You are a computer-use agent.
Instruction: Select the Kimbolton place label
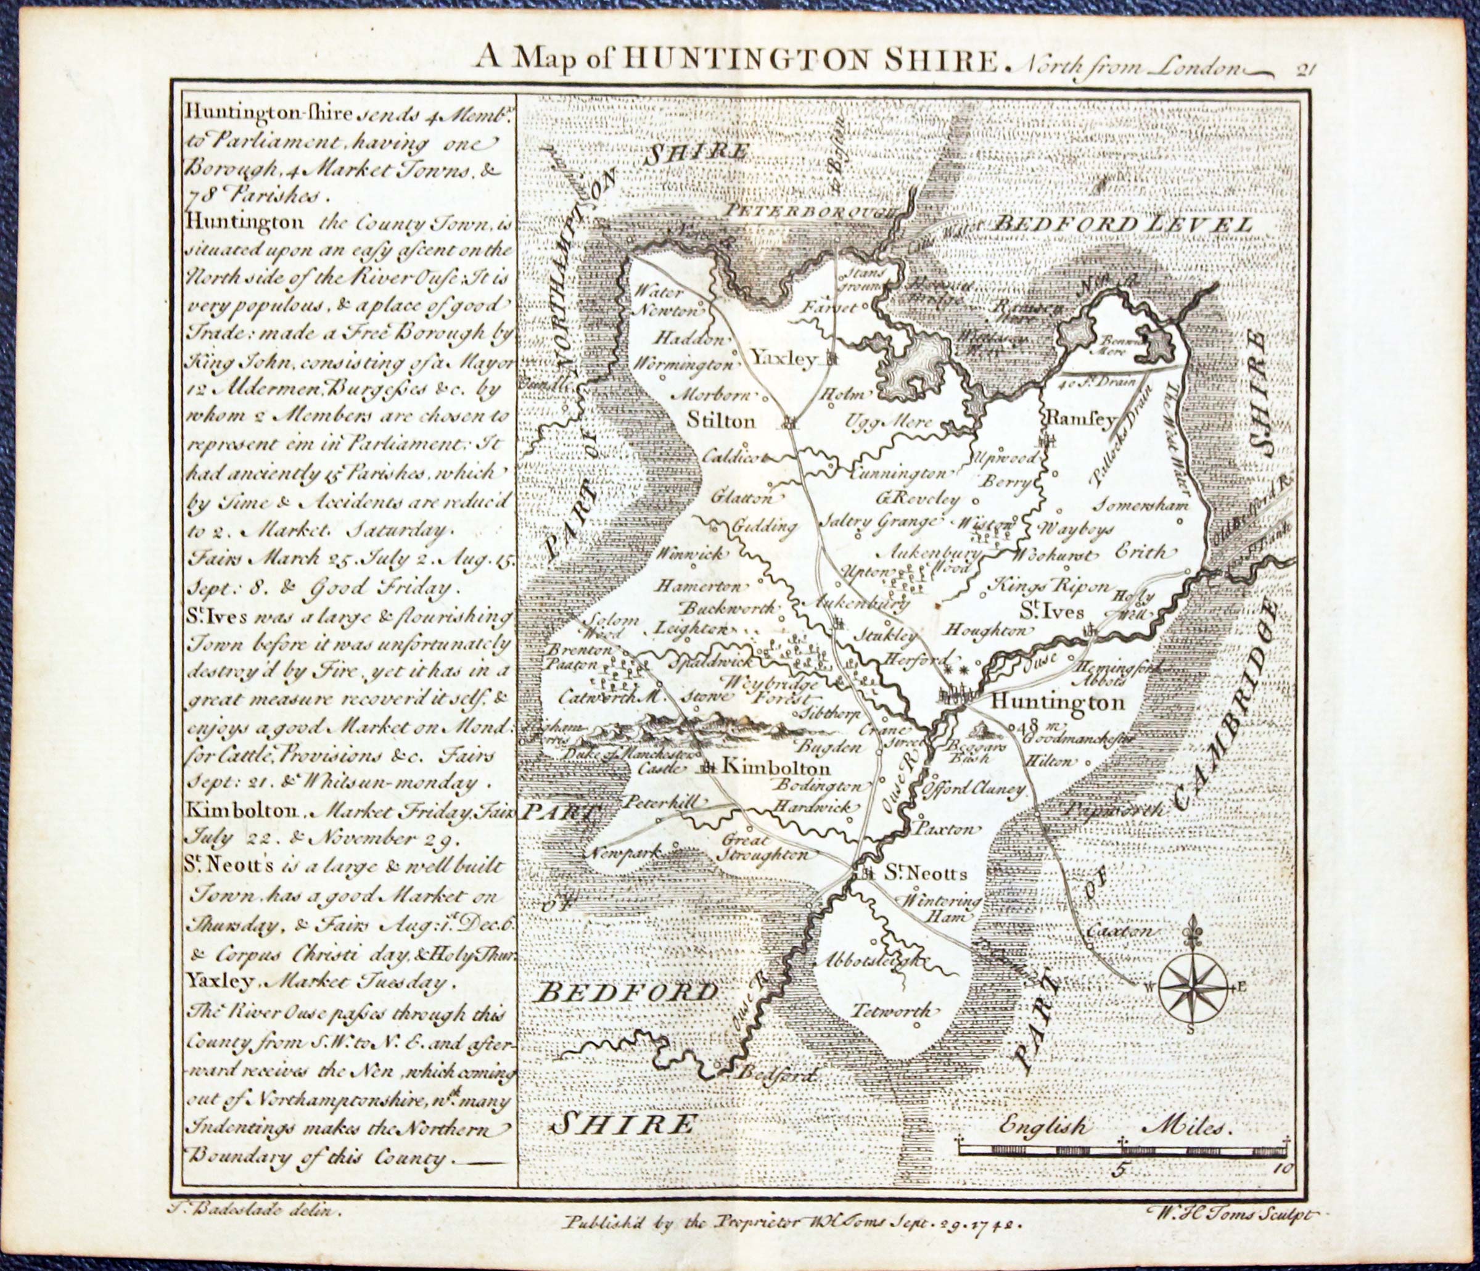[776, 768]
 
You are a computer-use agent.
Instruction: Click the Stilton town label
[720, 420]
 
